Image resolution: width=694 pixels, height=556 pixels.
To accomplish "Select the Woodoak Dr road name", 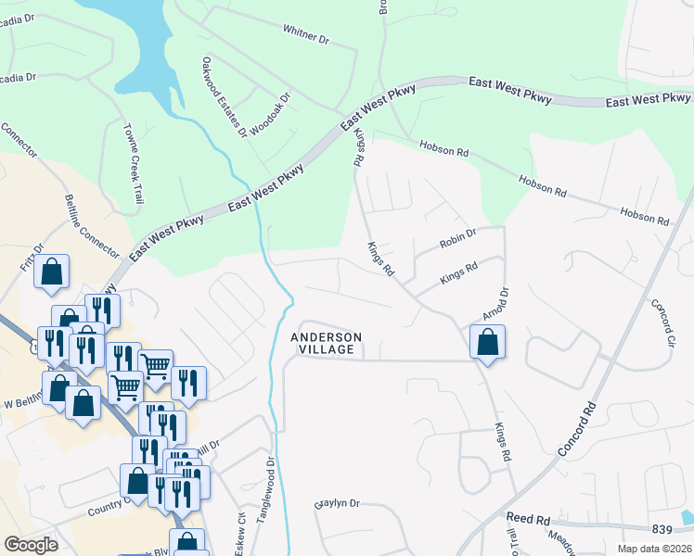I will pos(271,111).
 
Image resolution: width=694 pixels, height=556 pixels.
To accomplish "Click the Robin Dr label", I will pos(458,239).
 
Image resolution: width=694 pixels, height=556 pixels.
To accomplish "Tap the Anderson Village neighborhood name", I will pos(325,343).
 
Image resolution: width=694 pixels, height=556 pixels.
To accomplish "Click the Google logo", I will pos(31,545).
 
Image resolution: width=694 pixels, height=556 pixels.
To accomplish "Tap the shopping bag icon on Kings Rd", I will pos(487,343).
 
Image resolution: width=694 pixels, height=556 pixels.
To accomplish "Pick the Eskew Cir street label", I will pos(240,530).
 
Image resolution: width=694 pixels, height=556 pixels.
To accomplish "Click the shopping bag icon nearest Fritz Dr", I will pos(53,273).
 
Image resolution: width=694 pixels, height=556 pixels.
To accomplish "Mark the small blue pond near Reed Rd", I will pos(688,515).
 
